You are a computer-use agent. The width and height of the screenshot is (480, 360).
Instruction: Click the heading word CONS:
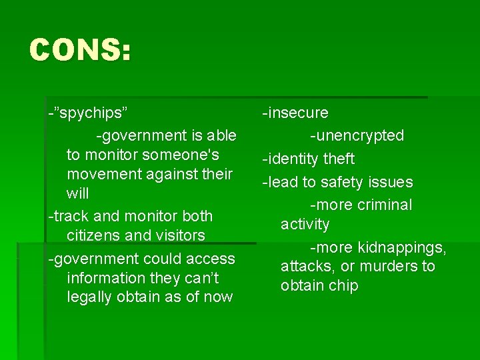80,51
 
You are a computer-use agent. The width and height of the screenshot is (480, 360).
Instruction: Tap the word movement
99,174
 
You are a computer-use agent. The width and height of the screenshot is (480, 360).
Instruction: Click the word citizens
93,235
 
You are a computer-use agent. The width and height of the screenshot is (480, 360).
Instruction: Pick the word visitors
174,235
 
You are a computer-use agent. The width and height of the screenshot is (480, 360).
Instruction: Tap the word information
107,277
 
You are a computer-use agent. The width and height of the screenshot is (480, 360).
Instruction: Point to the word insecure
298,113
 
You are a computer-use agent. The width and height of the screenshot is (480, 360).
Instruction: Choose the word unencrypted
359,135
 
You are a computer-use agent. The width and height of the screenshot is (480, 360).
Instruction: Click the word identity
293,159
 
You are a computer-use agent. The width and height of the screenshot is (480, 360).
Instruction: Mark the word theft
339,159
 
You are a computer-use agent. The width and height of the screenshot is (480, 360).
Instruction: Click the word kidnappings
401,247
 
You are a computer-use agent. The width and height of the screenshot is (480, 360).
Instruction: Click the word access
210,258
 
